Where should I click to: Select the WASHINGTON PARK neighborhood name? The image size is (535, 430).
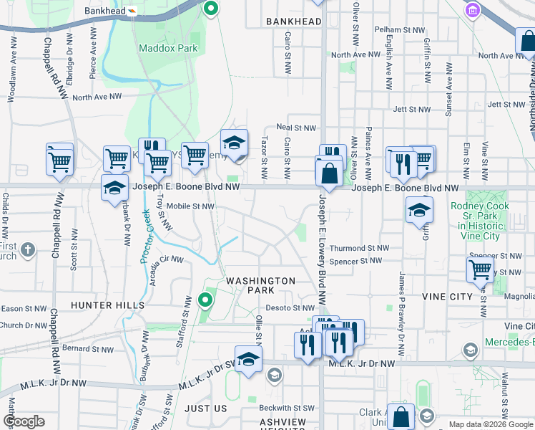[x=260, y=285]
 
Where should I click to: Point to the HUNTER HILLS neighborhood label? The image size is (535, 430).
[x=108, y=305]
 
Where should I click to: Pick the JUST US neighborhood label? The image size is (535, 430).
[x=205, y=408]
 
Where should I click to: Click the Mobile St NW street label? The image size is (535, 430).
[x=190, y=206]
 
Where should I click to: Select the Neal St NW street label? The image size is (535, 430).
[x=296, y=128]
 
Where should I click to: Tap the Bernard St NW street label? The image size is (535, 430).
[x=88, y=349]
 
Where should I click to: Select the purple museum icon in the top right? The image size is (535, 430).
[x=472, y=11]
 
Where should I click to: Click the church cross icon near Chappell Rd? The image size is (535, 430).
[x=27, y=250]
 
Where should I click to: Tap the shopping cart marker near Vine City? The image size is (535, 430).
[x=480, y=269]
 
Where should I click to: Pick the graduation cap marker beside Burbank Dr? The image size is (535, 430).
[x=114, y=188]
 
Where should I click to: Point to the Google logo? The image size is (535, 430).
[x=24, y=421]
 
